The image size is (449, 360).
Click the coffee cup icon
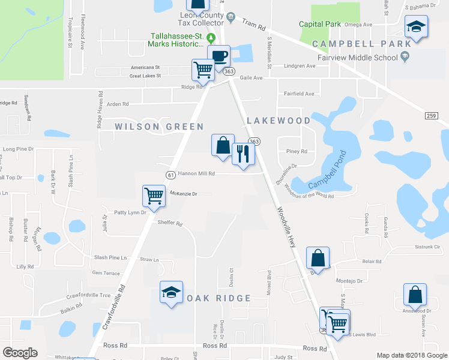click(x=218, y=56)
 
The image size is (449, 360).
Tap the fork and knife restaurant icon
click(x=243, y=154)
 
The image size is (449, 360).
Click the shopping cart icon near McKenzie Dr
click(x=154, y=196)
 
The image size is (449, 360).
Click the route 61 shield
click(x=170, y=175)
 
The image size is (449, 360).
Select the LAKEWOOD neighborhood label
click(x=277, y=121)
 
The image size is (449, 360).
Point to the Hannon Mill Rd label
click(x=195, y=173)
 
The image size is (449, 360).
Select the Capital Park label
click(x=320, y=25)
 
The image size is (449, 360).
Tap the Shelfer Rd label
click(x=169, y=223)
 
